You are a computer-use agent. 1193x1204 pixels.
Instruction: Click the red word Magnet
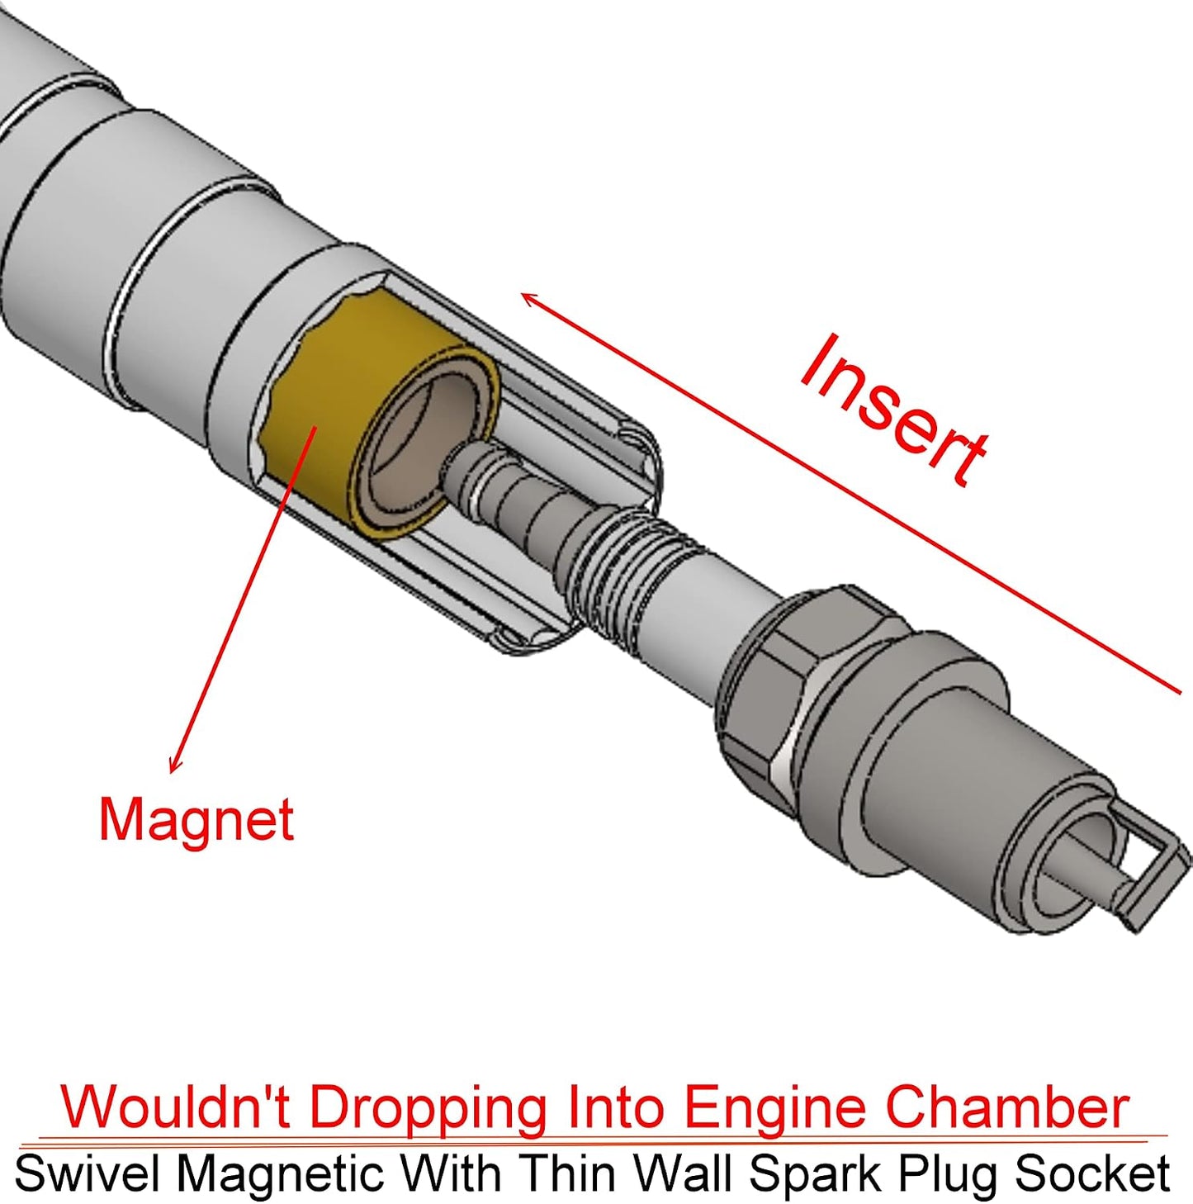(196, 820)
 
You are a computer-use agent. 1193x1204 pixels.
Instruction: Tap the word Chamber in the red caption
(1008, 1107)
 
